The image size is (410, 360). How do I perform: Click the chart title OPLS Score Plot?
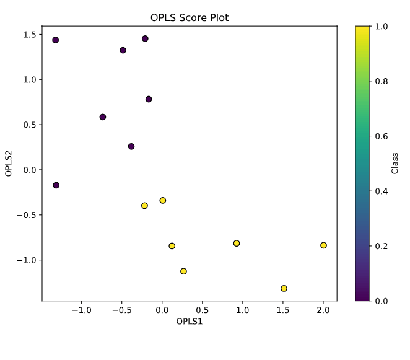pyautogui.click(x=190, y=18)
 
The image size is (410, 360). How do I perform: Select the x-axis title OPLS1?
pyautogui.click(x=190, y=321)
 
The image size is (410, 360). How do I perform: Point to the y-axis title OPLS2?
pyautogui.click(x=9, y=163)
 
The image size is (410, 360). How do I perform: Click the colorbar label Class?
pyautogui.click(x=395, y=163)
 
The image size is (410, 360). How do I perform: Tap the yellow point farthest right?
pyautogui.click(x=323, y=245)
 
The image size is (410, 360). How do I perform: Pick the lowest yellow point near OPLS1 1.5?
pyautogui.click(x=284, y=288)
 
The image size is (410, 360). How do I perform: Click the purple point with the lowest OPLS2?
pyautogui.click(x=56, y=185)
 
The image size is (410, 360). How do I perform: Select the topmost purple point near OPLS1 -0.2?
pyautogui.click(x=145, y=38)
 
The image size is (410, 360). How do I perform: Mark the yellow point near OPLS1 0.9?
pyautogui.click(x=237, y=244)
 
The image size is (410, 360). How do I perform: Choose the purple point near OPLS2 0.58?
pyautogui.click(x=103, y=117)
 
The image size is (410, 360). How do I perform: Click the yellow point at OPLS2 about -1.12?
pyautogui.click(x=183, y=271)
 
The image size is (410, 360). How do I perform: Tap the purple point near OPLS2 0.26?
pyautogui.click(x=131, y=146)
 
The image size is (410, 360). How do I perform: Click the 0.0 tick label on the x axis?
pyautogui.click(x=162, y=310)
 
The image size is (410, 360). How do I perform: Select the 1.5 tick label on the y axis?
pyautogui.click(x=30, y=34)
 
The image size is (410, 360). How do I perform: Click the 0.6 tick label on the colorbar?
pyautogui.click(x=382, y=136)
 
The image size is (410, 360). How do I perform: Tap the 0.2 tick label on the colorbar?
pyautogui.click(x=382, y=246)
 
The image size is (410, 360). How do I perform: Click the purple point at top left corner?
pyautogui.click(x=55, y=40)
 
